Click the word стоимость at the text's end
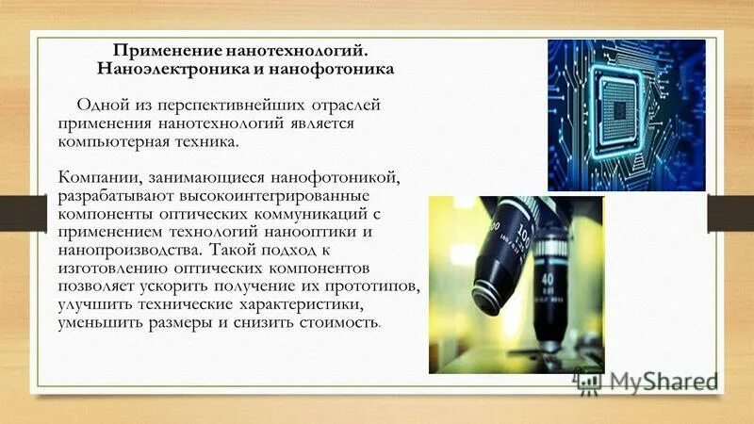click(x=337, y=321)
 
